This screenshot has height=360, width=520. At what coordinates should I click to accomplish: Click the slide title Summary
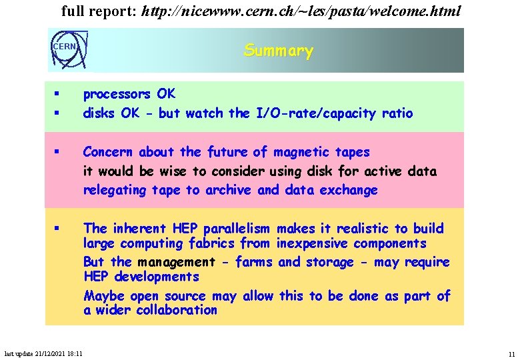pos(279,51)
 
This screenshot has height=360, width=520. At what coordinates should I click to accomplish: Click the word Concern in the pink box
pos(107,153)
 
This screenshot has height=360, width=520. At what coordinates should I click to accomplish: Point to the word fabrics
pos(211,243)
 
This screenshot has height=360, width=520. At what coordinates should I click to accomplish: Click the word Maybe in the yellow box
pos(103,295)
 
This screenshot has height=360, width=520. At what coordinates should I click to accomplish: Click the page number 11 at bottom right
pos(511,354)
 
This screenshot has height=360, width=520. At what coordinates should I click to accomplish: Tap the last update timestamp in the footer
pos(43,353)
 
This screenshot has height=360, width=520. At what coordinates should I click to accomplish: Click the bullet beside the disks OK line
pos(59,113)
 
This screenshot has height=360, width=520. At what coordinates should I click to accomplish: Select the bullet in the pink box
pos(59,153)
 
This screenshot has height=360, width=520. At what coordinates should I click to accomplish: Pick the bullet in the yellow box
pos(59,229)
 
